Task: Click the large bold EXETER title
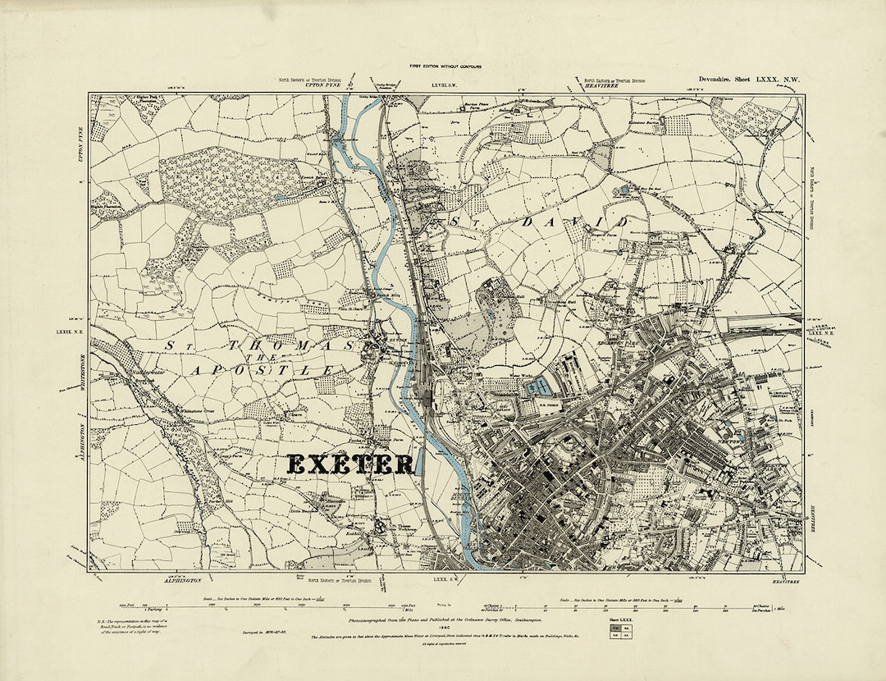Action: (350, 464)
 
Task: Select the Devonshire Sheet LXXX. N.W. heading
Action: (736, 79)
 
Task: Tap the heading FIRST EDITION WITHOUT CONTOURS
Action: (443, 65)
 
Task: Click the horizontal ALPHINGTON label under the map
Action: (163, 578)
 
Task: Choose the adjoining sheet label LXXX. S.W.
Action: (444, 579)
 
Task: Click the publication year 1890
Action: (443, 628)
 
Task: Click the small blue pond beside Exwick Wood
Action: (281, 198)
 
